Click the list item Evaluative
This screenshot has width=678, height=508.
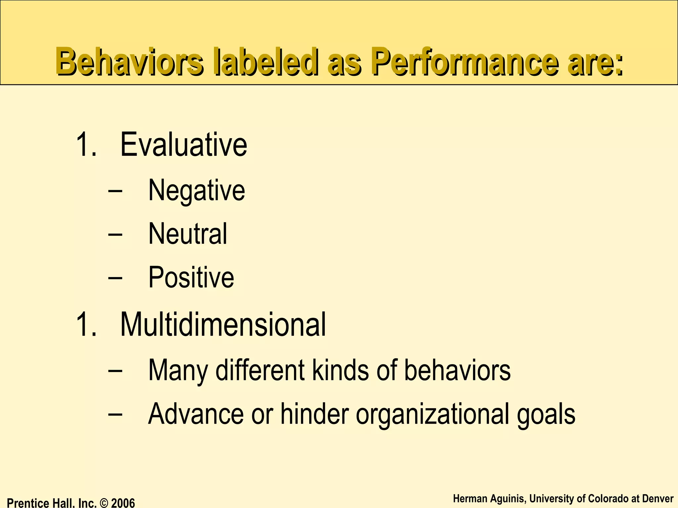(x=183, y=145)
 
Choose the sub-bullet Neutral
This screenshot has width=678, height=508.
(x=188, y=233)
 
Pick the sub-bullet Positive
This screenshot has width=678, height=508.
(x=191, y=277)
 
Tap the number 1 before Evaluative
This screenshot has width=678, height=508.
(x=83, y=145)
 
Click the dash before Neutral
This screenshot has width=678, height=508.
(x=115, y=234)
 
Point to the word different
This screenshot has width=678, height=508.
(x=260, y=370)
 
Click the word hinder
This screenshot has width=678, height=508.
(x=315, y=414)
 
